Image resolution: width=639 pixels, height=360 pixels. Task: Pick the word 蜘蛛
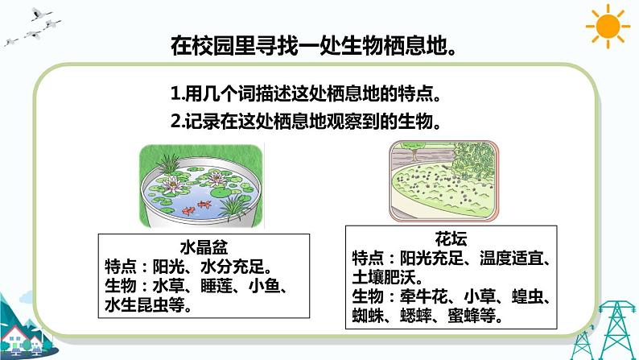tap(369, 315)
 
